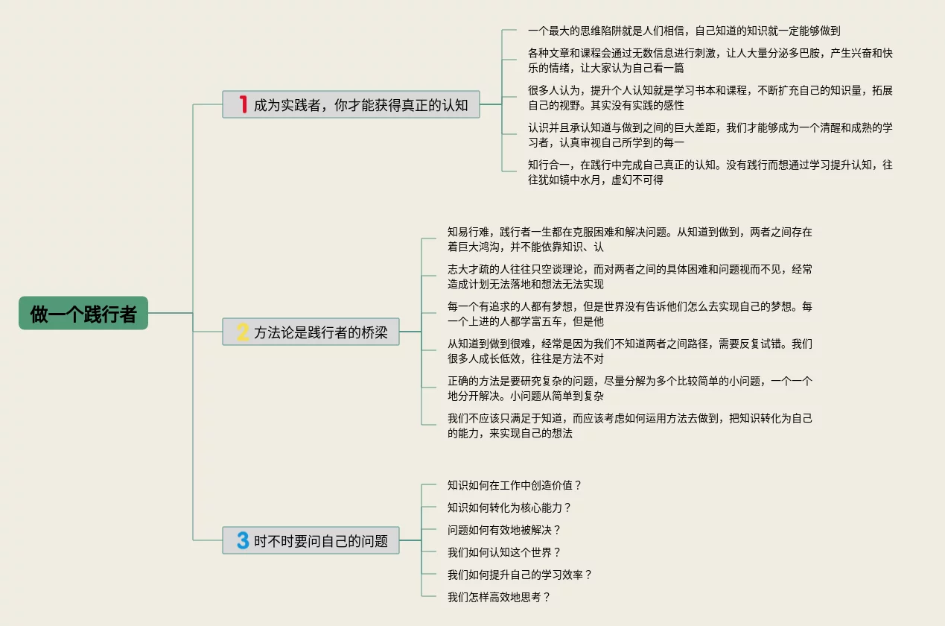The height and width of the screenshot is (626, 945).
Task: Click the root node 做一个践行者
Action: pos(83,314)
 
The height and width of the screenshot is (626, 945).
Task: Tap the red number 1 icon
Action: pos(243,104)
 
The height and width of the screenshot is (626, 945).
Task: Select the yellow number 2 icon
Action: pos(243,332)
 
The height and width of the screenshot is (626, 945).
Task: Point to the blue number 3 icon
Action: pos(243,540)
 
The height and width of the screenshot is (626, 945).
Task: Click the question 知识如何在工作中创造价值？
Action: pos(515,485)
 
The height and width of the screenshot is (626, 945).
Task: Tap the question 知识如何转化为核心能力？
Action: pos(509,508)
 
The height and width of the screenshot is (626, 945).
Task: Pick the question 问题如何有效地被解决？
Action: pos(504,530)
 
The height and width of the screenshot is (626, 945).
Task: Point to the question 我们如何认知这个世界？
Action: pos(504,552)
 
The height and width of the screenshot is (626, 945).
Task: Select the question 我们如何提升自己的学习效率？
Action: pos(520,575)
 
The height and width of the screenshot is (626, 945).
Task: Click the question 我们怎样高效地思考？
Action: pos(499,597)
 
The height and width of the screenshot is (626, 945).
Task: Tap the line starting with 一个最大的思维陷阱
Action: pos(684,31)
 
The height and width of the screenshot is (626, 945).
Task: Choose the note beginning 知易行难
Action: pos(629,239)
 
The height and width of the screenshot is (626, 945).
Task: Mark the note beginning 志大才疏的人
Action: pos(629,276)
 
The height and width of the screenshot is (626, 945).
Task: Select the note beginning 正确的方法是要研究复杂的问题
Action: pos(629,388)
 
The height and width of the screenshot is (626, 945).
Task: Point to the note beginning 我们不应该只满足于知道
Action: pos(629,426)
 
